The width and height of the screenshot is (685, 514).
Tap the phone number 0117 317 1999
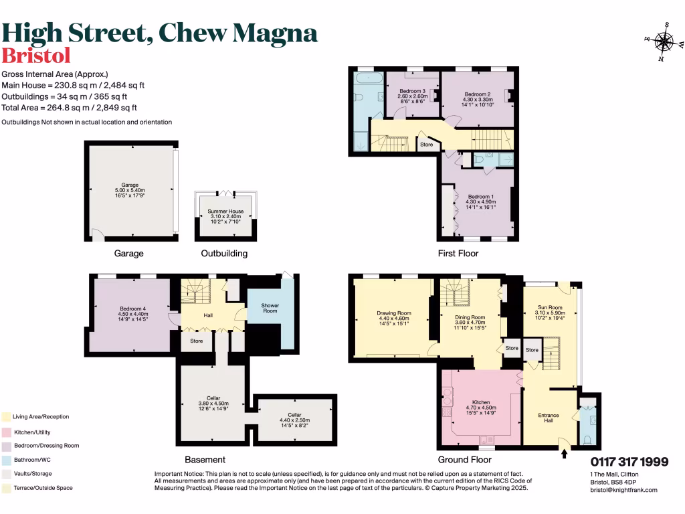[x=629, y=462]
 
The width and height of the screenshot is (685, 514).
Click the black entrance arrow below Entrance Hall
[x=563, y=454]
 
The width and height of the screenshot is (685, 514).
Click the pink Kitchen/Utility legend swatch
[x=6, y=432]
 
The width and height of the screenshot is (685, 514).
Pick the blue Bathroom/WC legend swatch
[x=6, y=460]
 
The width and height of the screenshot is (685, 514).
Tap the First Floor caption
[x=458, y=254]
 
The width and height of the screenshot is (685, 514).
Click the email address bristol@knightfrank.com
[x=623, y=490]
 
